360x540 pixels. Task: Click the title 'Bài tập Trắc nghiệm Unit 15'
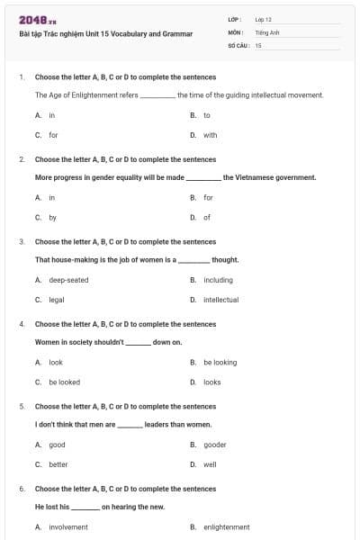[x=105, y=33]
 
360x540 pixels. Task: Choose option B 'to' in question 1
[x=206, y=115]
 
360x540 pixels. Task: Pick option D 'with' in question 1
[x=210, y=135]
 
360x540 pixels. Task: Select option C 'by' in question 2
[x=52, y=218]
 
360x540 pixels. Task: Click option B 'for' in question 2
[x=208, y=197]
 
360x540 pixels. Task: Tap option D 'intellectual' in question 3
[x=220, y=300]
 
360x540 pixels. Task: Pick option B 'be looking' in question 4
[x=220, y=363]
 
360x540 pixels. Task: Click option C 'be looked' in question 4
[x=64, y=382]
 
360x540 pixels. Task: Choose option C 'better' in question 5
[x=58, y=464]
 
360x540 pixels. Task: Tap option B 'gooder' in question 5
[x=214, y=445]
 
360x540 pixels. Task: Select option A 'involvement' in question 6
[x=68, y=527]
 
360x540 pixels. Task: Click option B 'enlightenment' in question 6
[x=226, y=527]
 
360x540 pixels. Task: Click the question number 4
[x=21, y=324]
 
